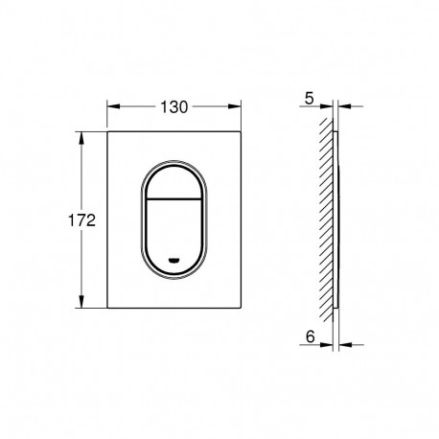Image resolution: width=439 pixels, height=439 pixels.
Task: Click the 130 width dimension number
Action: click(x=173, y=107)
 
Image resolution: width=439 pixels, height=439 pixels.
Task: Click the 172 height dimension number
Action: click(x=81, y=220)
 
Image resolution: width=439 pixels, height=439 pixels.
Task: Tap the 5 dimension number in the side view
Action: click(x=309, y=99)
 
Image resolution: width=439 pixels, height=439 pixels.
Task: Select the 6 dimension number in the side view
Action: click(x=310, y=336)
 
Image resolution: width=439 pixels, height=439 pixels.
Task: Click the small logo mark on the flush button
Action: click(x=173, y=260)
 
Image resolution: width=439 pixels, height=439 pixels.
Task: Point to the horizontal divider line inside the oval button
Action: click(x=173, y=198)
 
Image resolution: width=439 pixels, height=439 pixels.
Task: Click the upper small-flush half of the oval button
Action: click(x=173, y=182)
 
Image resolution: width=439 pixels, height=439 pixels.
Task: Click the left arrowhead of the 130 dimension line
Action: click(x=113, y=106)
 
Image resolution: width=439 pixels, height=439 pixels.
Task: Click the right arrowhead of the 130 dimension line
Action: click(x=235, y=106)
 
